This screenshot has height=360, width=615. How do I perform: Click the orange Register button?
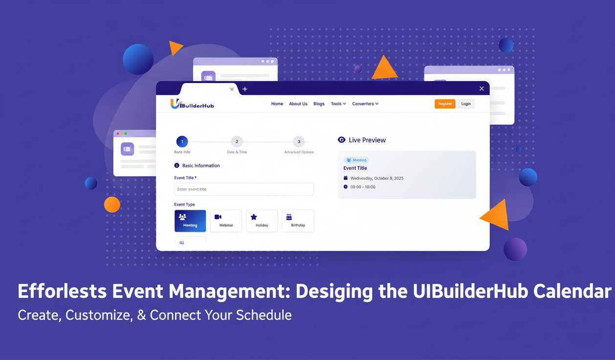point(445,104)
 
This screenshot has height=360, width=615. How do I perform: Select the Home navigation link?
point(277,104)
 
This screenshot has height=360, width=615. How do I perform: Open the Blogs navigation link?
point(319,104)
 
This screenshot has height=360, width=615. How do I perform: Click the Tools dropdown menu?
point(338,104)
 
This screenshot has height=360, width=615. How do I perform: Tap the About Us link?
point(298,104)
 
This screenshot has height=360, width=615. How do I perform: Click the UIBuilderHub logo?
point(192,104)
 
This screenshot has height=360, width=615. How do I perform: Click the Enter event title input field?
point(244,189)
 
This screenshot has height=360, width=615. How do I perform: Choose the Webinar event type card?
point(226,221)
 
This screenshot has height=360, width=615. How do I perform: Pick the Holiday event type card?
point(262,221)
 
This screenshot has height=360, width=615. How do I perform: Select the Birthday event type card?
point(298,221)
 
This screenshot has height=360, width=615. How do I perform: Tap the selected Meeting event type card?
point(190,221)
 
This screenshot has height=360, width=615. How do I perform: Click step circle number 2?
point(237,142)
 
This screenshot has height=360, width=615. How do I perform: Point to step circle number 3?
point(299,142)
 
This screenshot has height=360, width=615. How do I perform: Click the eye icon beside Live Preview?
point(342,140)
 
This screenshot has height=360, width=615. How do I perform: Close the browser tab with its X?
point(232,90)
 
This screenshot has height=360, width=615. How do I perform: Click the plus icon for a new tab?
point(245,89)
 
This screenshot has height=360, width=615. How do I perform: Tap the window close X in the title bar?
point(482,89)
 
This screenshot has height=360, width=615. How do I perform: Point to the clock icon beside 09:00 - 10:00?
point(346,187)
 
